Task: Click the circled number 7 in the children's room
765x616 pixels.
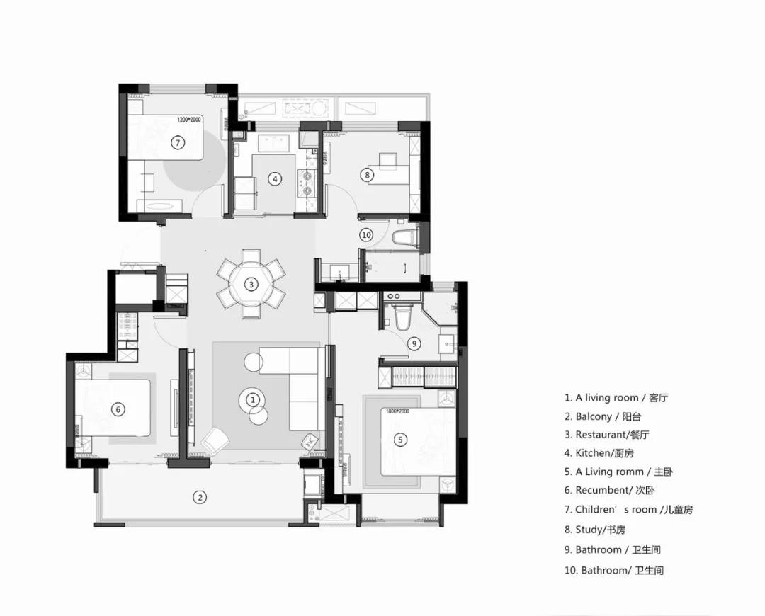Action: click(x=178, y=143)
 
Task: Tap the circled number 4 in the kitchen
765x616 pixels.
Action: click(x=275, y=179)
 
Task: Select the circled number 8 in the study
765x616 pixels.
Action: click(x=367, y=175)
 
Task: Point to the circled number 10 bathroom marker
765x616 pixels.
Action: click(x=366, y=235)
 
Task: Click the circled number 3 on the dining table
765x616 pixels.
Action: click(x=251, y=284)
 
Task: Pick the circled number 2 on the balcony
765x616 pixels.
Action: click(x=200, y=498)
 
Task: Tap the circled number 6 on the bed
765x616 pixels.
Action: click(x=118, y=409)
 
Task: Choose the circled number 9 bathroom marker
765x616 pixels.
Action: click(x=414, y=343)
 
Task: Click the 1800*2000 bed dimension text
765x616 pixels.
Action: click(x=397, y=411)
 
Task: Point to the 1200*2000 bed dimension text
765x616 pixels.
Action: click(x=189, y=119)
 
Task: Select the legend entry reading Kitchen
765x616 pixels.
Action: click(x=599, y=453)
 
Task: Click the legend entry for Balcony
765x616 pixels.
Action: click(x=603, y=416)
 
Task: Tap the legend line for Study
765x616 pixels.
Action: click(x=595, y=530)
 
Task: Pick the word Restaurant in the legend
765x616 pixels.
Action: click(x=600, y=435)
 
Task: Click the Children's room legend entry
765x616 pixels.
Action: click(x=628, y=510)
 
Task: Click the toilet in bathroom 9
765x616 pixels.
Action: click(x=404, y=316)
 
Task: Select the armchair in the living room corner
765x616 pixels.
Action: click(x=215, y=440)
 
